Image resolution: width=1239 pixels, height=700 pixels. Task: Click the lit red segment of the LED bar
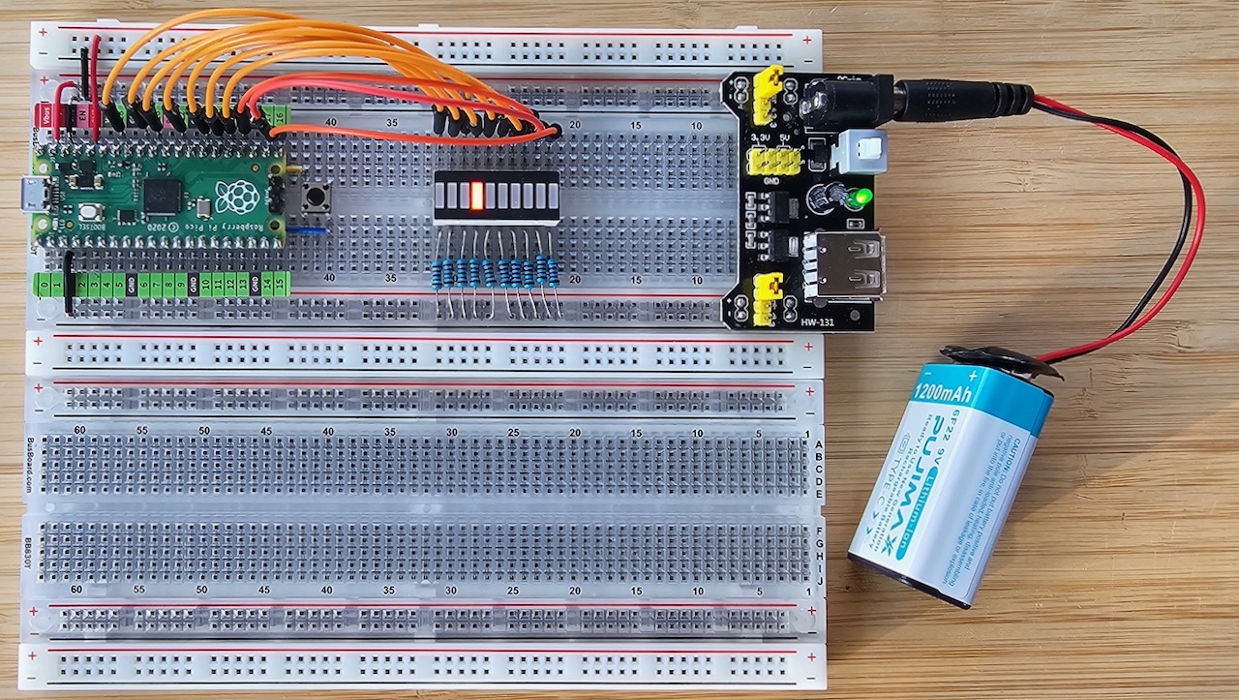[x=476, y=198]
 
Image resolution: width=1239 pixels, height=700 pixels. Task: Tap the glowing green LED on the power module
[x=860, y=199]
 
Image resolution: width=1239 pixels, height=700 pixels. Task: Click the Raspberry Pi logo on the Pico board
[x=235, y=197]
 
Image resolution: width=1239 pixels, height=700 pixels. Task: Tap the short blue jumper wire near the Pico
[x=309, y=230]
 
